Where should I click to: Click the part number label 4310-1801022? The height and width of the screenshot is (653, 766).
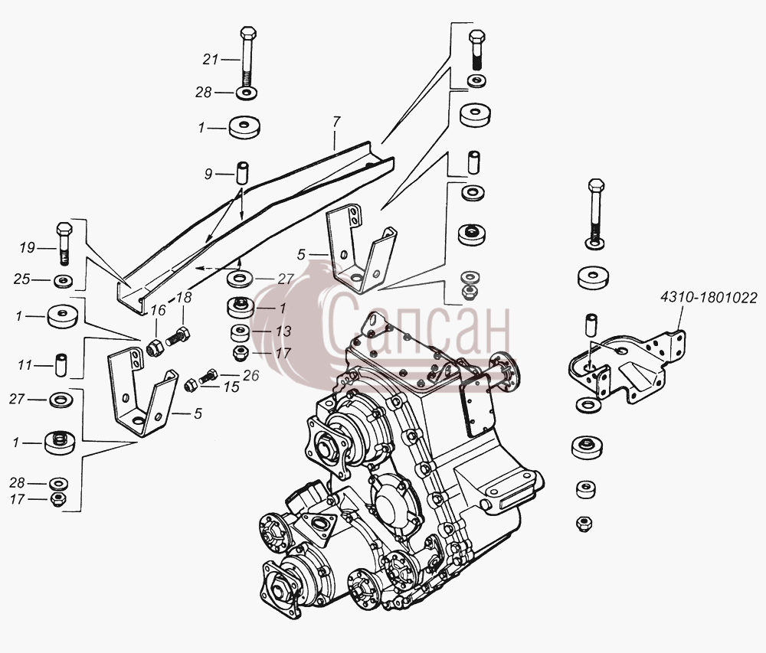click(x=709, y=297)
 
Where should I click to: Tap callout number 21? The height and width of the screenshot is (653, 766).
click(x=211, y=60)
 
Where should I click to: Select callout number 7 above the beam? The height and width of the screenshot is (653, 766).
click(x=336, y=122)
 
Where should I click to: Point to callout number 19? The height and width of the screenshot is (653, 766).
click(x=28, y=248)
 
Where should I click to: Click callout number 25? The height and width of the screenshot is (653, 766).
click(x=21, y=279)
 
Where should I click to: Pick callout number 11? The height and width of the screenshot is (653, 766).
click(x=25, y=365)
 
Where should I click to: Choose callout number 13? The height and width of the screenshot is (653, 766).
click(x=283, y=331)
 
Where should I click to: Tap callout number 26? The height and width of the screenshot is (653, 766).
click(x=251, y=375)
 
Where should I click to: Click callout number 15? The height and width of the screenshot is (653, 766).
click(x=231, y=387)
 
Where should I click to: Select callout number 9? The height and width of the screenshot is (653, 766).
click(x=208, y=174)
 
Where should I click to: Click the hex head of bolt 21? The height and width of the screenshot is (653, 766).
click(x=248, y=34)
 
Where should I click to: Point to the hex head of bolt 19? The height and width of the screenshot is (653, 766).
click(x=64, y=229)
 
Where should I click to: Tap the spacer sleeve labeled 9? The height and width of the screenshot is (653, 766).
click(x=242, y=173)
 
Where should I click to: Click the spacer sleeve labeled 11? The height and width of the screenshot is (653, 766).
click(x=61, y=365)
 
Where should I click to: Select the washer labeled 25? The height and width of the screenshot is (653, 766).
click(x=64, y=281)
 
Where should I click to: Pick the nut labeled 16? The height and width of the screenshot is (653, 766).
click(x=155, y=348)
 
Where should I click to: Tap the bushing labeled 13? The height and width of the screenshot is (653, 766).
click(x=241, y=333)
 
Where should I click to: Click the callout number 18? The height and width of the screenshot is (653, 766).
click(x=184, y=297)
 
